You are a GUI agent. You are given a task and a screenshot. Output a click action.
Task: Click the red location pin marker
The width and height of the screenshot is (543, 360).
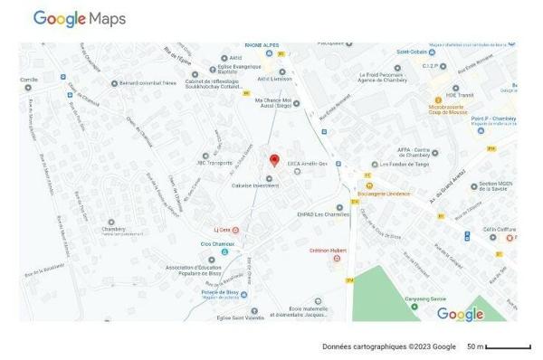click(274, 160)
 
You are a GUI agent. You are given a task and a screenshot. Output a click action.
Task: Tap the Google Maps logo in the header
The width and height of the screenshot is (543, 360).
click(80, 19)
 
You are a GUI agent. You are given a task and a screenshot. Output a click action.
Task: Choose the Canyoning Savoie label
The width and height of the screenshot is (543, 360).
click(426, 298)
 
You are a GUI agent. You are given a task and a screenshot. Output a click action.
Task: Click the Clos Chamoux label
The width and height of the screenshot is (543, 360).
click(217, 244)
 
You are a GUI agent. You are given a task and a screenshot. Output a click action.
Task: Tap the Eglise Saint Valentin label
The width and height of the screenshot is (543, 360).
click(241, 317)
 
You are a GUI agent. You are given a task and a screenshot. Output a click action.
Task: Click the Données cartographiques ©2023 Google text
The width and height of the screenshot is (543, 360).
click(389, 346)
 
